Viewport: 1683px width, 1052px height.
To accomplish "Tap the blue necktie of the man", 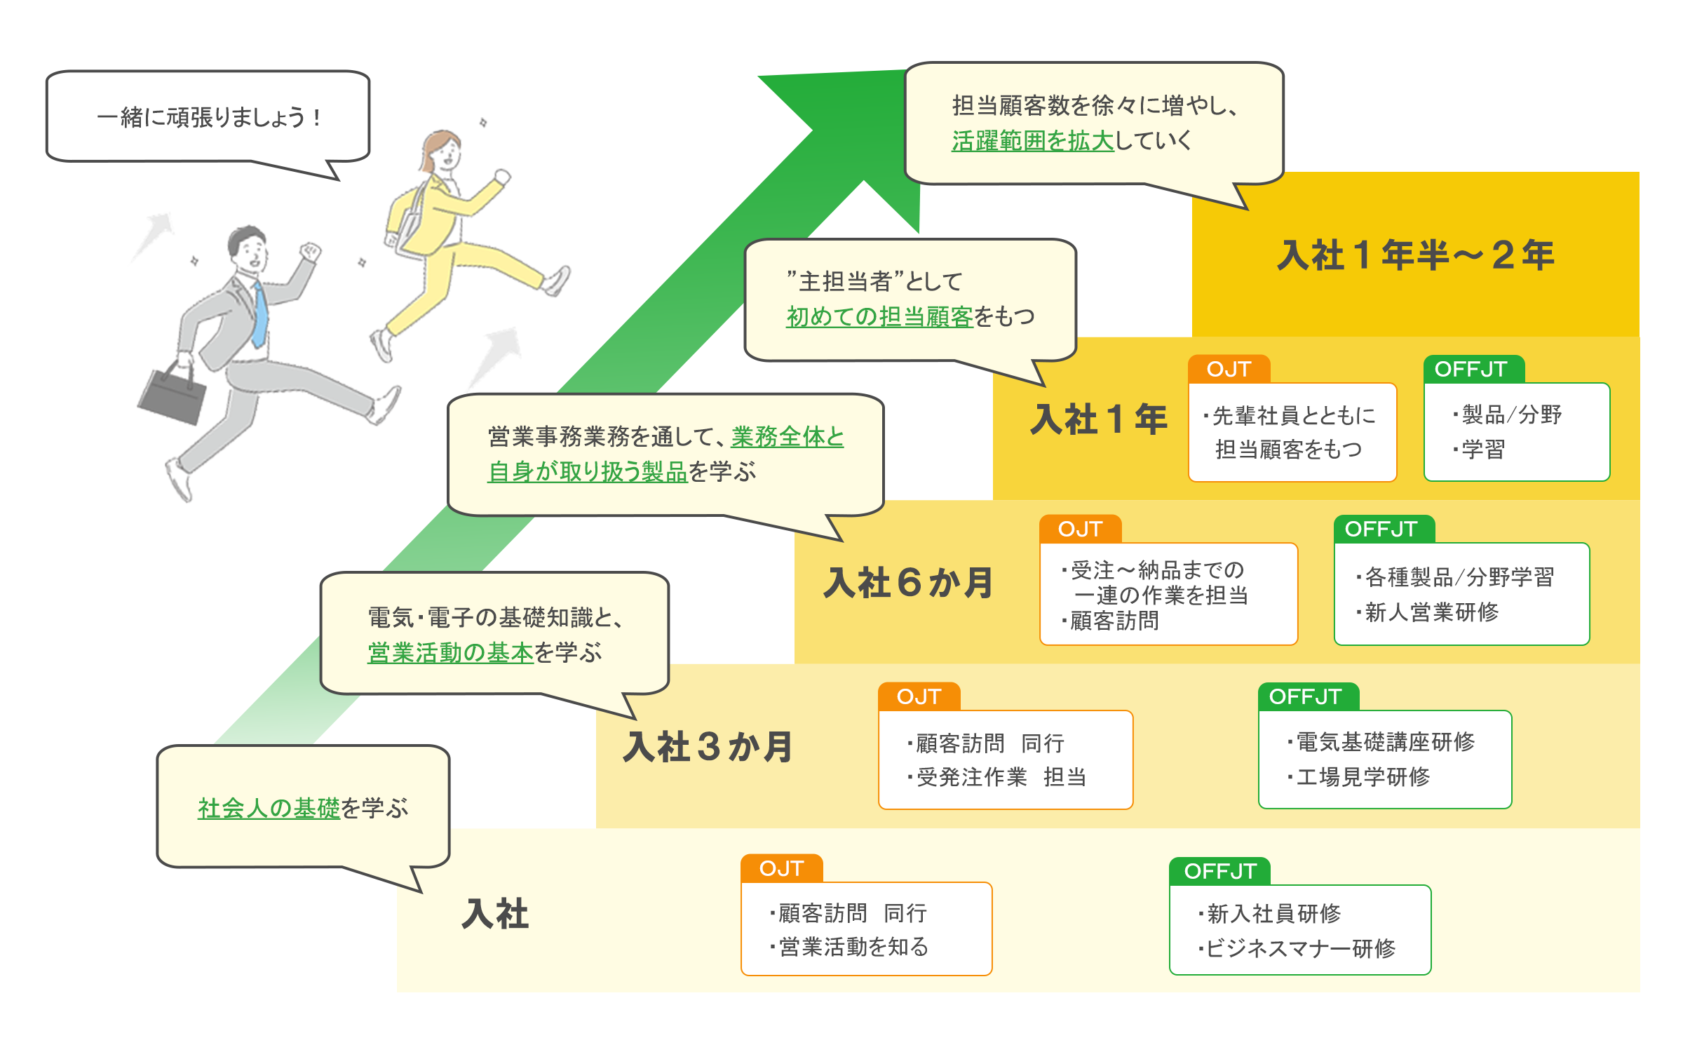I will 260,316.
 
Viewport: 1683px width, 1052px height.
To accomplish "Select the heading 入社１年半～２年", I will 1415,255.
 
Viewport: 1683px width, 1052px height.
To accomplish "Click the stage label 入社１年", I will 1098,419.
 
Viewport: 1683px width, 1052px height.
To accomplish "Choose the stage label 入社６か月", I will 908,583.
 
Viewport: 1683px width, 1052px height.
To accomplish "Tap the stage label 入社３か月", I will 708,746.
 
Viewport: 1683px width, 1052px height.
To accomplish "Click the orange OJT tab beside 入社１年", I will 1229,370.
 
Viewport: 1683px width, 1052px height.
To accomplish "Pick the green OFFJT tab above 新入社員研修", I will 1219,871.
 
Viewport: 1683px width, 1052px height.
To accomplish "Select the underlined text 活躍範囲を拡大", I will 1032,141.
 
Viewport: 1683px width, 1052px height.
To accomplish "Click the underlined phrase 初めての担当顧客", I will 879,317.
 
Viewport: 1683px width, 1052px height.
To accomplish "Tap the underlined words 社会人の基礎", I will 269,809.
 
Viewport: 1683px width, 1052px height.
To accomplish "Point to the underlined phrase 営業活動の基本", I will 450,653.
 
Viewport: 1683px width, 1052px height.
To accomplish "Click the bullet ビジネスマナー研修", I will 1301,948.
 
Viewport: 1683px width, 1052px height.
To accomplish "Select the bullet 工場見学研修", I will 1363,776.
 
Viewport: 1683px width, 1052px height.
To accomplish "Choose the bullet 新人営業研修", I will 1431,612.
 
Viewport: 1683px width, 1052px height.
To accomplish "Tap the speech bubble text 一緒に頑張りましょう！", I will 208,117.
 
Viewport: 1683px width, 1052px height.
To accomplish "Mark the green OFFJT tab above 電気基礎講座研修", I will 1305,696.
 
